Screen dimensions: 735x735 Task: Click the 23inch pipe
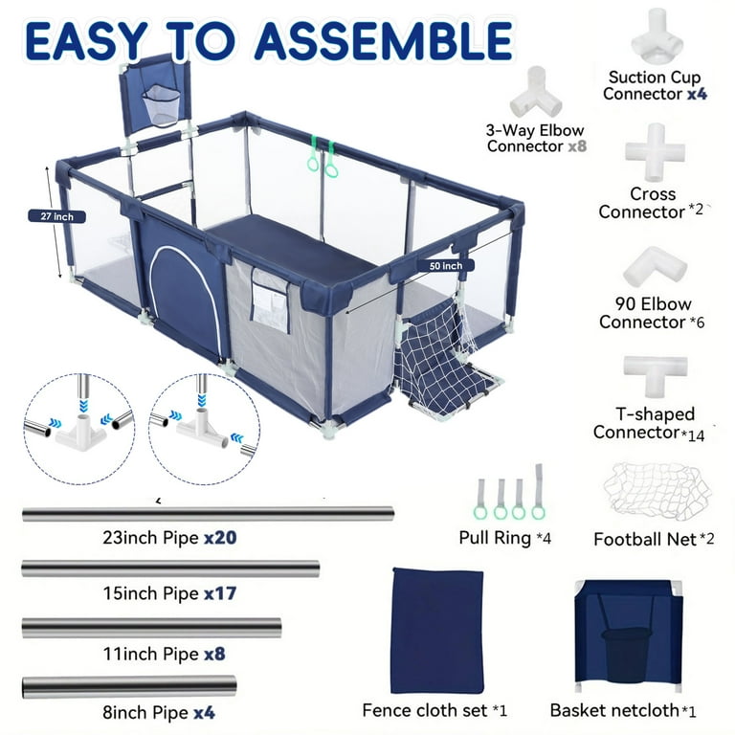[x=208, y=514]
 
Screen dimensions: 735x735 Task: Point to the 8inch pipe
[x=128, y=685]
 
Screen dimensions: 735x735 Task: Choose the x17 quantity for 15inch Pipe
[x=219, y=593]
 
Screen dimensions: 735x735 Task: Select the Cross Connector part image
[x=655, y=152]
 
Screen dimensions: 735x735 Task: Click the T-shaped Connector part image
[x=655, y=373]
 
